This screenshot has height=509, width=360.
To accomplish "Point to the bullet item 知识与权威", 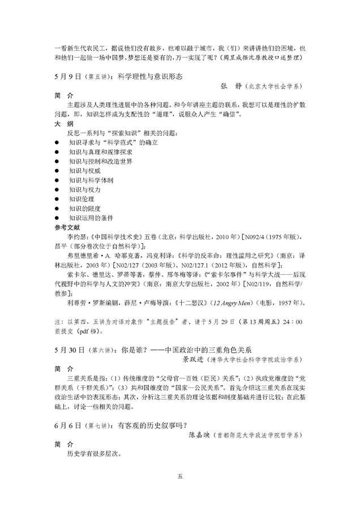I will tap(84, 170).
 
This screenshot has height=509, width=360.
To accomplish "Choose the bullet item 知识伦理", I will tap(81, 199).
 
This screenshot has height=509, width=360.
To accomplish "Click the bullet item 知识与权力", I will tap(84, 189).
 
